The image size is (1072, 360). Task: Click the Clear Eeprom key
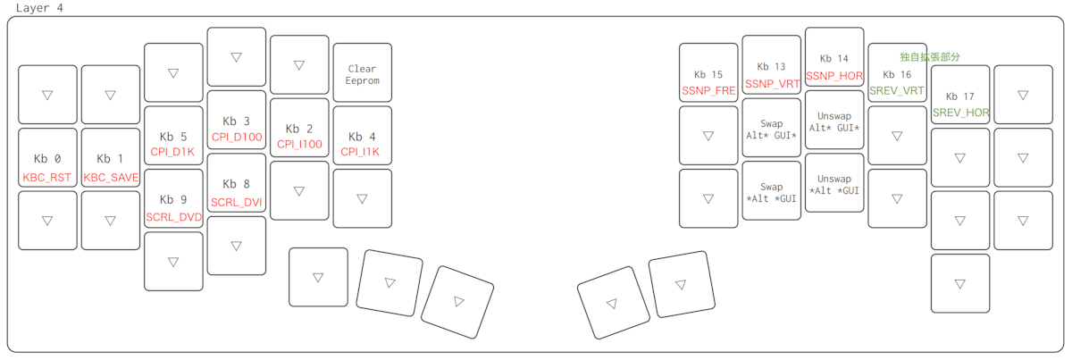click(x=363, y=72)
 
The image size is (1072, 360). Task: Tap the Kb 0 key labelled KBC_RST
click(x=47, y=157)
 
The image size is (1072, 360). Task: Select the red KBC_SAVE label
click(x=111, y=178)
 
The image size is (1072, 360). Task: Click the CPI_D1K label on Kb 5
click(x=172, y=152)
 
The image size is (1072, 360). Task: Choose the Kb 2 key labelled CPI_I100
click(x=299, y=128)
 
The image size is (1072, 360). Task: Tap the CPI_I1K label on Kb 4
click(x=360, y=152)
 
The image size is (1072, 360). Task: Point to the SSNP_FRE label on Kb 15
click(x=708, y=90)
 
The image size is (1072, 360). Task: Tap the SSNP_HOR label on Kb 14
click(x=834, y=76)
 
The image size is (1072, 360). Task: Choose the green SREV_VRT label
click(x=897, y=90)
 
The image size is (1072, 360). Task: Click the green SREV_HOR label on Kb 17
click(x=960, y=113)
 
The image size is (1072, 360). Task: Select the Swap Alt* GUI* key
click(x=772, y=128)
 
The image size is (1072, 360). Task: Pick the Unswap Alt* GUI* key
click(x=834, y=120)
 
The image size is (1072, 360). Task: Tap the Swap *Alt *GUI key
click(x=772, y=190)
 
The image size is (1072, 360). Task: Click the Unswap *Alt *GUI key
click(x=834, y=183)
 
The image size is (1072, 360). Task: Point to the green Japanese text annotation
click(x=930, y=57)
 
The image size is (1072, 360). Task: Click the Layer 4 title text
click(x=39, y=8)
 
